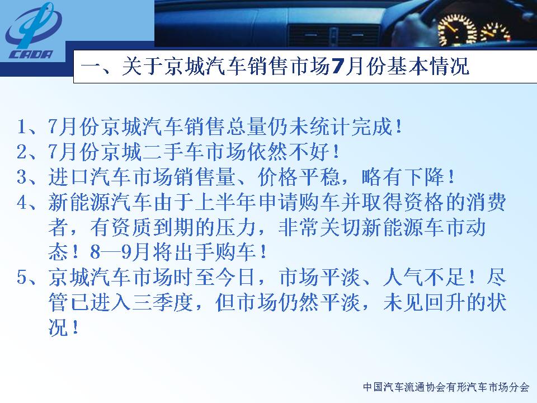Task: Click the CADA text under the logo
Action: pyautogui.click(x=31, y=54)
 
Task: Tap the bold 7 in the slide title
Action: pyautogui.click(x=337, y=67)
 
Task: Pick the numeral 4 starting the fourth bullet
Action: pyautogui.click(x=22, y=202)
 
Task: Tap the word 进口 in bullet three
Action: pyautogui.click(x=69, y=177)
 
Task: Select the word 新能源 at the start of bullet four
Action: pyautogui.click(x=79, y=202)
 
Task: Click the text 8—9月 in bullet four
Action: pyautogui.click(x=120, y=252)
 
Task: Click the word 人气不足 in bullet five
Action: pyautogui.click(x=423, y=278)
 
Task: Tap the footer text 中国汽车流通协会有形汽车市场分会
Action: pyautogui.click(x=446, y=387)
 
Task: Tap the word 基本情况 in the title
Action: pyautogui.click(x=428, y=67)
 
